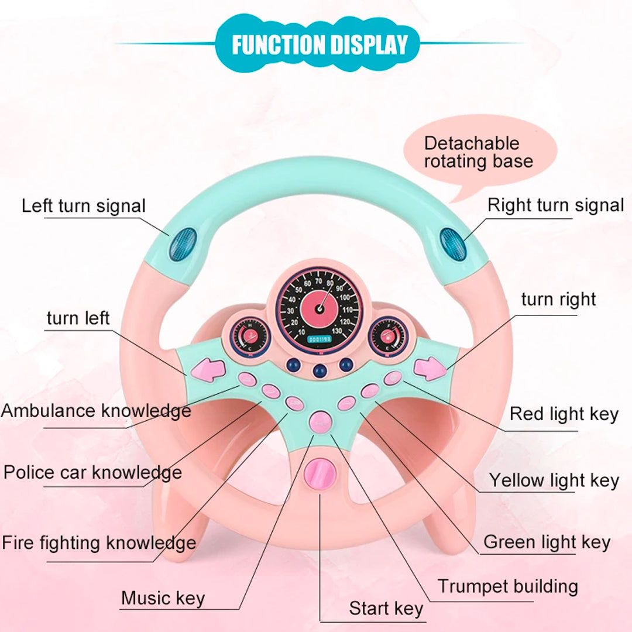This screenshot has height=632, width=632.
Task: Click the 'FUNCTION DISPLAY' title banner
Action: point(319,45)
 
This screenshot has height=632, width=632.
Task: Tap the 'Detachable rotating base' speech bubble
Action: point(479,152)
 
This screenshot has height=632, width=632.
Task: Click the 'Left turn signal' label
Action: point(84,206)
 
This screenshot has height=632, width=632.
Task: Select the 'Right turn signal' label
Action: point(555,205)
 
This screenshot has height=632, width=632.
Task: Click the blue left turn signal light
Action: point(182,244)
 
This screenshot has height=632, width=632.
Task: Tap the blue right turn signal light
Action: point(453,244)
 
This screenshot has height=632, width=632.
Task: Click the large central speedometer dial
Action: point(320,307)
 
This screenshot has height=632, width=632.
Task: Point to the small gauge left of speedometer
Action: point(250,336)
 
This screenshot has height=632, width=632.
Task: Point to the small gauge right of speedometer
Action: point(387,336)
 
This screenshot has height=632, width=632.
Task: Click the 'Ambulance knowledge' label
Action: point(96,410)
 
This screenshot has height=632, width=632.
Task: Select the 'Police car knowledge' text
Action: point(92,472)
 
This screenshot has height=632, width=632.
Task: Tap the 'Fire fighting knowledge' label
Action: point(99,542)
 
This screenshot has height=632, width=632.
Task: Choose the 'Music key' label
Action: point(163,598)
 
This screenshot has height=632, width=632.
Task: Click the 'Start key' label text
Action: point(386,609)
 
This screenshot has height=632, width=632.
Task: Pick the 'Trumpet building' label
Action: point(508,586)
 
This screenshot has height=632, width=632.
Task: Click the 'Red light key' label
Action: point(564,414)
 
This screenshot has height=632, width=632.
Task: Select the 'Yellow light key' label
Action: point(554,480)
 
